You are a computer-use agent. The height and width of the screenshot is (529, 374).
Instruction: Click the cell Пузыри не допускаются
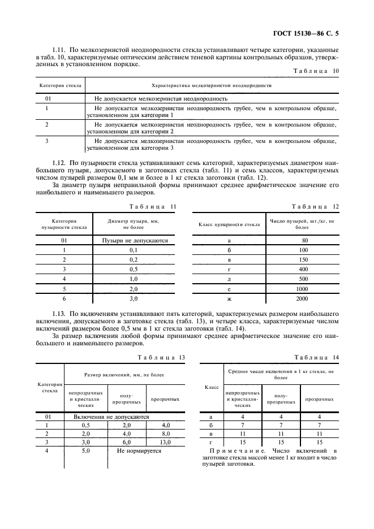coord(135,240)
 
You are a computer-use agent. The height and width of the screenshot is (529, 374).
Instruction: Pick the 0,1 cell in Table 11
coord(134,250)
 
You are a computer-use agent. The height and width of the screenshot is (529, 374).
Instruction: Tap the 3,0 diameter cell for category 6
coord(134,298)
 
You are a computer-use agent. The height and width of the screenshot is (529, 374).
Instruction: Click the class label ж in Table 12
coord(229,298)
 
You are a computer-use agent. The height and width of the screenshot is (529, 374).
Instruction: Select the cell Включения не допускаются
coord(111,417)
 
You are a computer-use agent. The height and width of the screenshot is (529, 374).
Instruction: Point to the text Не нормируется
coord(139,451)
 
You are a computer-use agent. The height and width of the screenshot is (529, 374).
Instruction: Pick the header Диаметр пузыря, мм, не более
coord(134,224)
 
